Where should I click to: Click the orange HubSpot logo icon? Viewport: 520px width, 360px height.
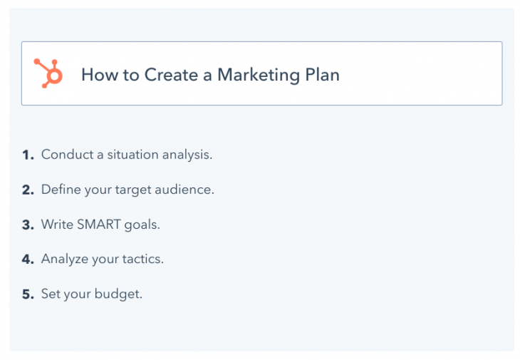pyautogui.click(x=48, y=73)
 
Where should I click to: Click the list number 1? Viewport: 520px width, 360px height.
pyautogui.click(x=27, y=155)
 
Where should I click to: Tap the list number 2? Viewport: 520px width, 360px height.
pyautogui.click(x=27, y=190)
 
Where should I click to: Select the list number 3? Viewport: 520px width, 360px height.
pyautogui.click(x=27, y=225)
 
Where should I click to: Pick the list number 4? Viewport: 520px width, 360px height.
pyautogui.click(x=27, y=259)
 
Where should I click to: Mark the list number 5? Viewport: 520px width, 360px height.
pyautogui.click(x=27, y=294)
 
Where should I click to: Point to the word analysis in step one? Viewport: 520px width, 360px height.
pyautogui.click(x=187, y=155)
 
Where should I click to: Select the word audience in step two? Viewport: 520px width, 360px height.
pyautogui.click(x=187, y=190)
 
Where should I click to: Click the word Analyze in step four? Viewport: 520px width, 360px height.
pyautogui.click(x=65, y=259)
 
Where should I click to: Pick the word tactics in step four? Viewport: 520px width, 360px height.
pyautogui.click(x=142, y=259)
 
